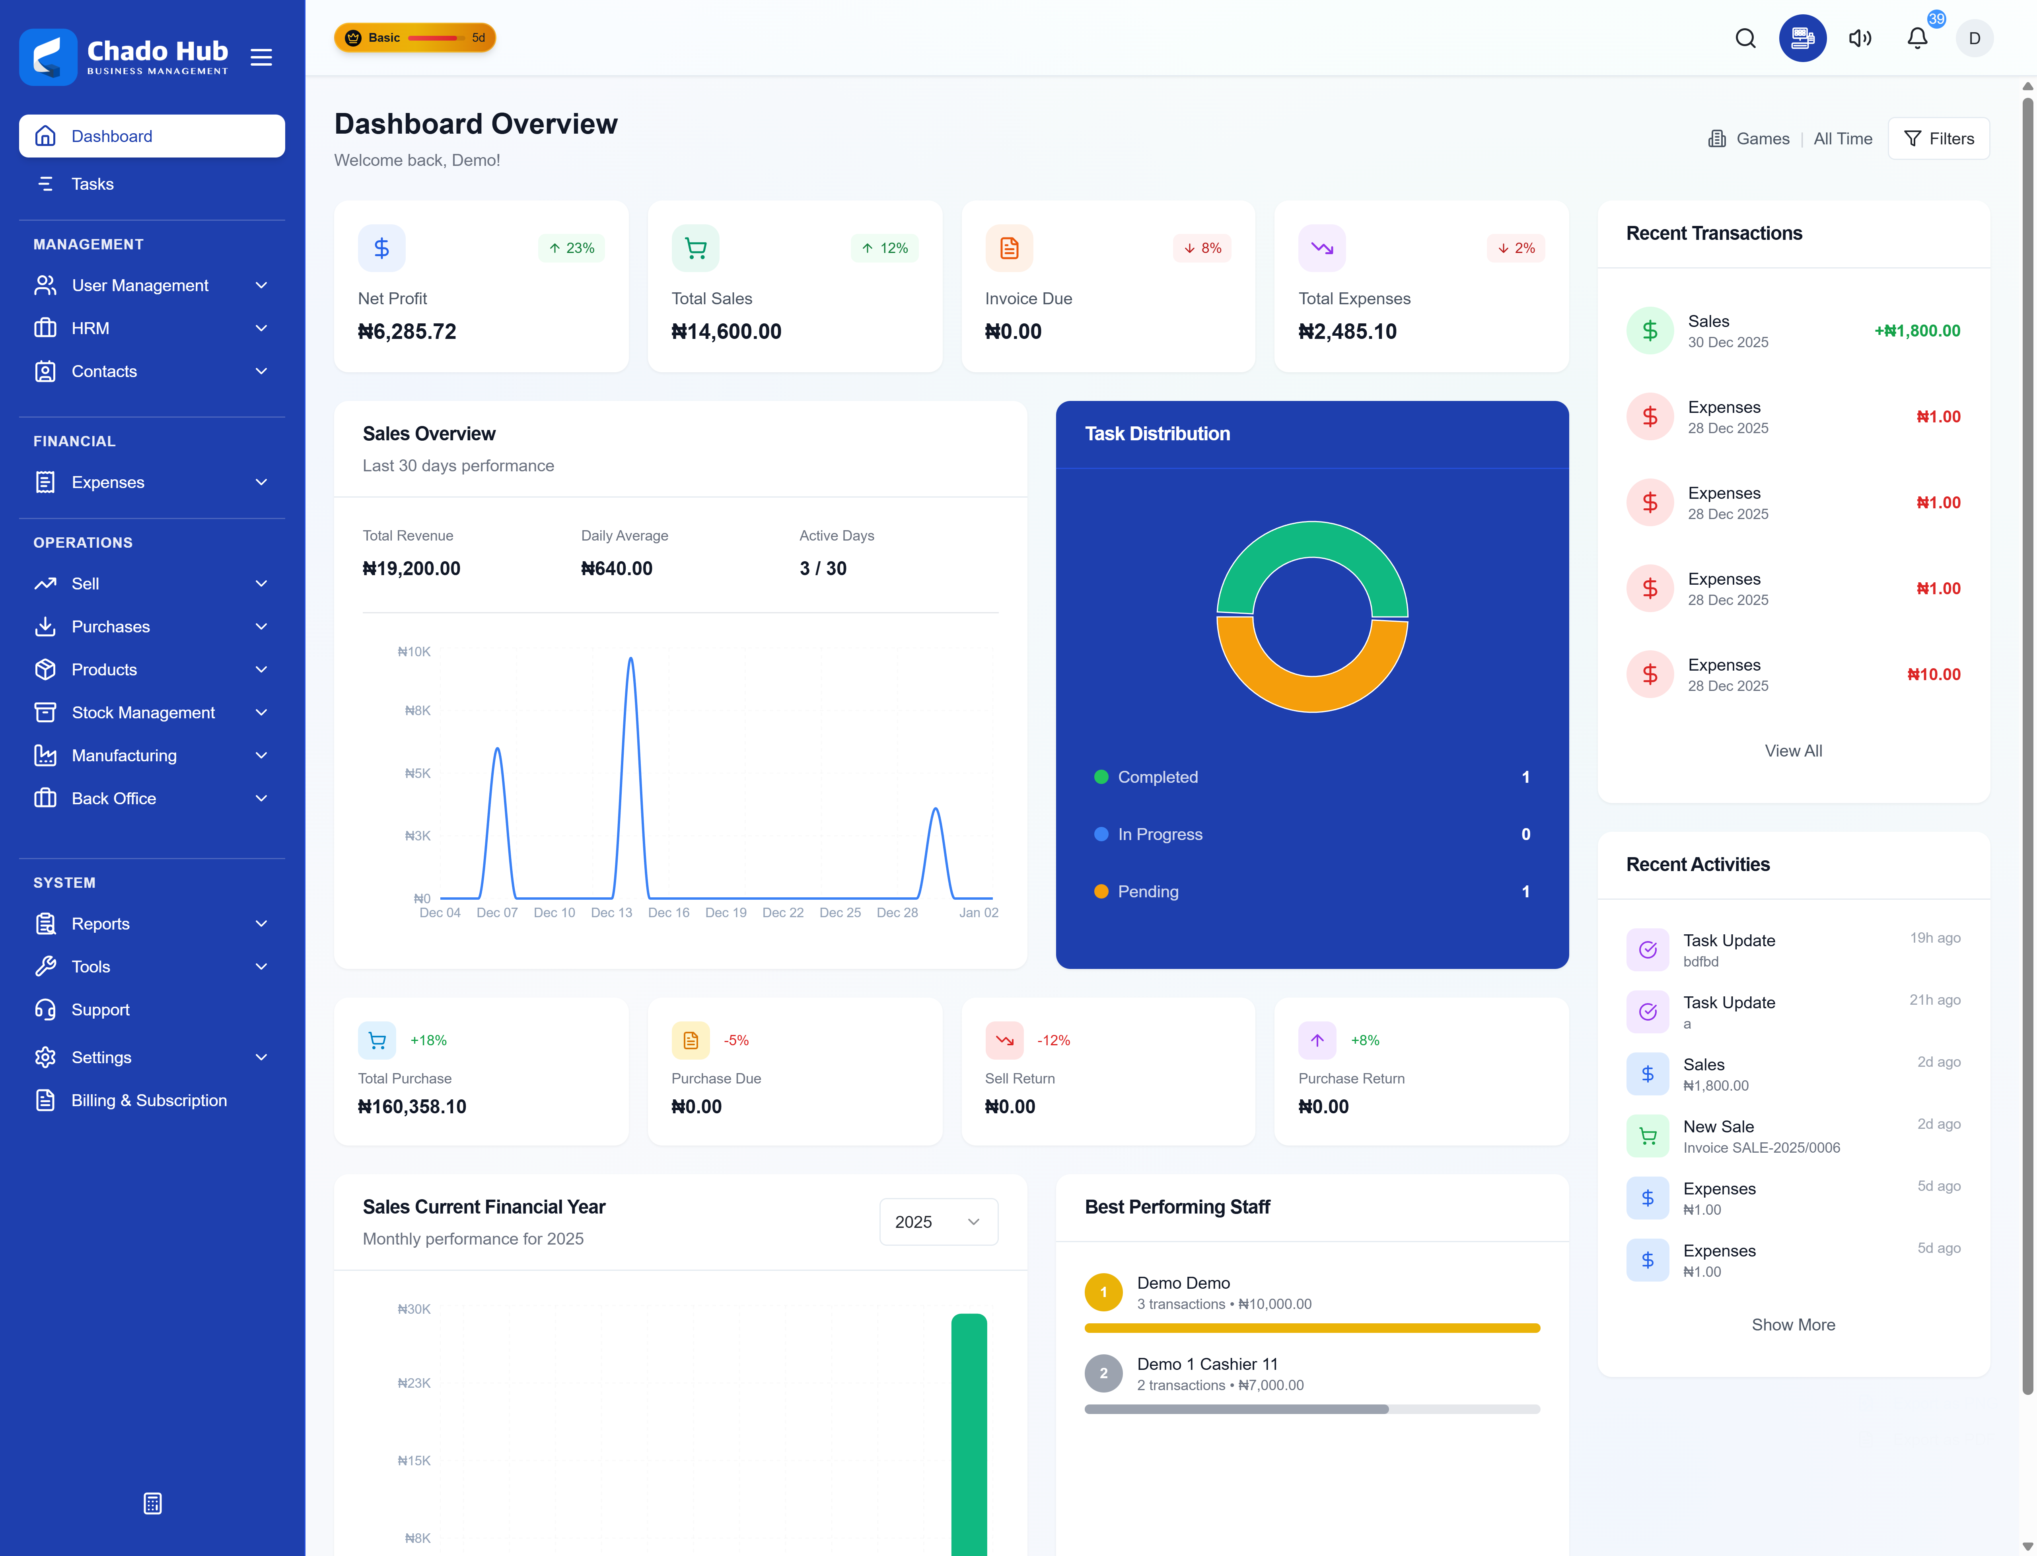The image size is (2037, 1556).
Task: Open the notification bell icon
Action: (x=1916, y=38)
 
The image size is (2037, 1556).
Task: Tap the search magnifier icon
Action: (x=1745, y=38)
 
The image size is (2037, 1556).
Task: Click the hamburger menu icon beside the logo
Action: (x=261, y=57)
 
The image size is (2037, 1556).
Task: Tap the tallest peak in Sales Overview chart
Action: (x=631, y=659)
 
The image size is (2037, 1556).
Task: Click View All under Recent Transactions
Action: (x=1792, y=751)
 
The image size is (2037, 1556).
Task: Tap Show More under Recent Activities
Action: (x=1792, y=1325)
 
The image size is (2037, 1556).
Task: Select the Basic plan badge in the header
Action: (x=415, y=38)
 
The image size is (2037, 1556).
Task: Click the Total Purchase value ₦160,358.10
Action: (x=412, y=1107)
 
